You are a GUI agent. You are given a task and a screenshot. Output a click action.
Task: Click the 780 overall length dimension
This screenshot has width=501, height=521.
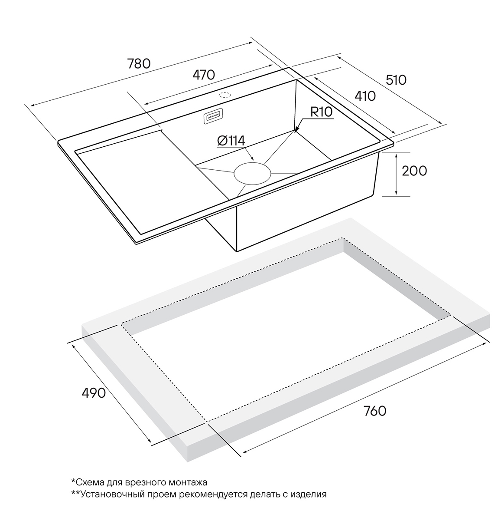(x=139, y=64)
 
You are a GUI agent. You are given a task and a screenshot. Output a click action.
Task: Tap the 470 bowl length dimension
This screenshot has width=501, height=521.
(x=204, y=75)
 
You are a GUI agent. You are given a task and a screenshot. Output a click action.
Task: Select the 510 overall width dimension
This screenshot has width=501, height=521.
(x=396, y=80)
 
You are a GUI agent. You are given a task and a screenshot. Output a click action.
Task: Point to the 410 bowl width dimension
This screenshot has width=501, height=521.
(x=365, y=96)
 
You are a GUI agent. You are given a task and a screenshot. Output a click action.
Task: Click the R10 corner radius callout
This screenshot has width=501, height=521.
(x=321, y=112)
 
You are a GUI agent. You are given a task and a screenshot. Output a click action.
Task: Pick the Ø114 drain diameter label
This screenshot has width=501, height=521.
(x=231, y=141)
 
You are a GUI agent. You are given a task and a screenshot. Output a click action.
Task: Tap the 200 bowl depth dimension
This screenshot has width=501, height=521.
(x=414, y=171)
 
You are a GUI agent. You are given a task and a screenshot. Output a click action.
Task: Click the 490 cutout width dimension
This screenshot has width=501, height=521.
(x=94, y=393)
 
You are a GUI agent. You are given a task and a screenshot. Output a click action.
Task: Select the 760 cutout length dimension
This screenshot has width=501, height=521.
(x=375, y=411)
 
